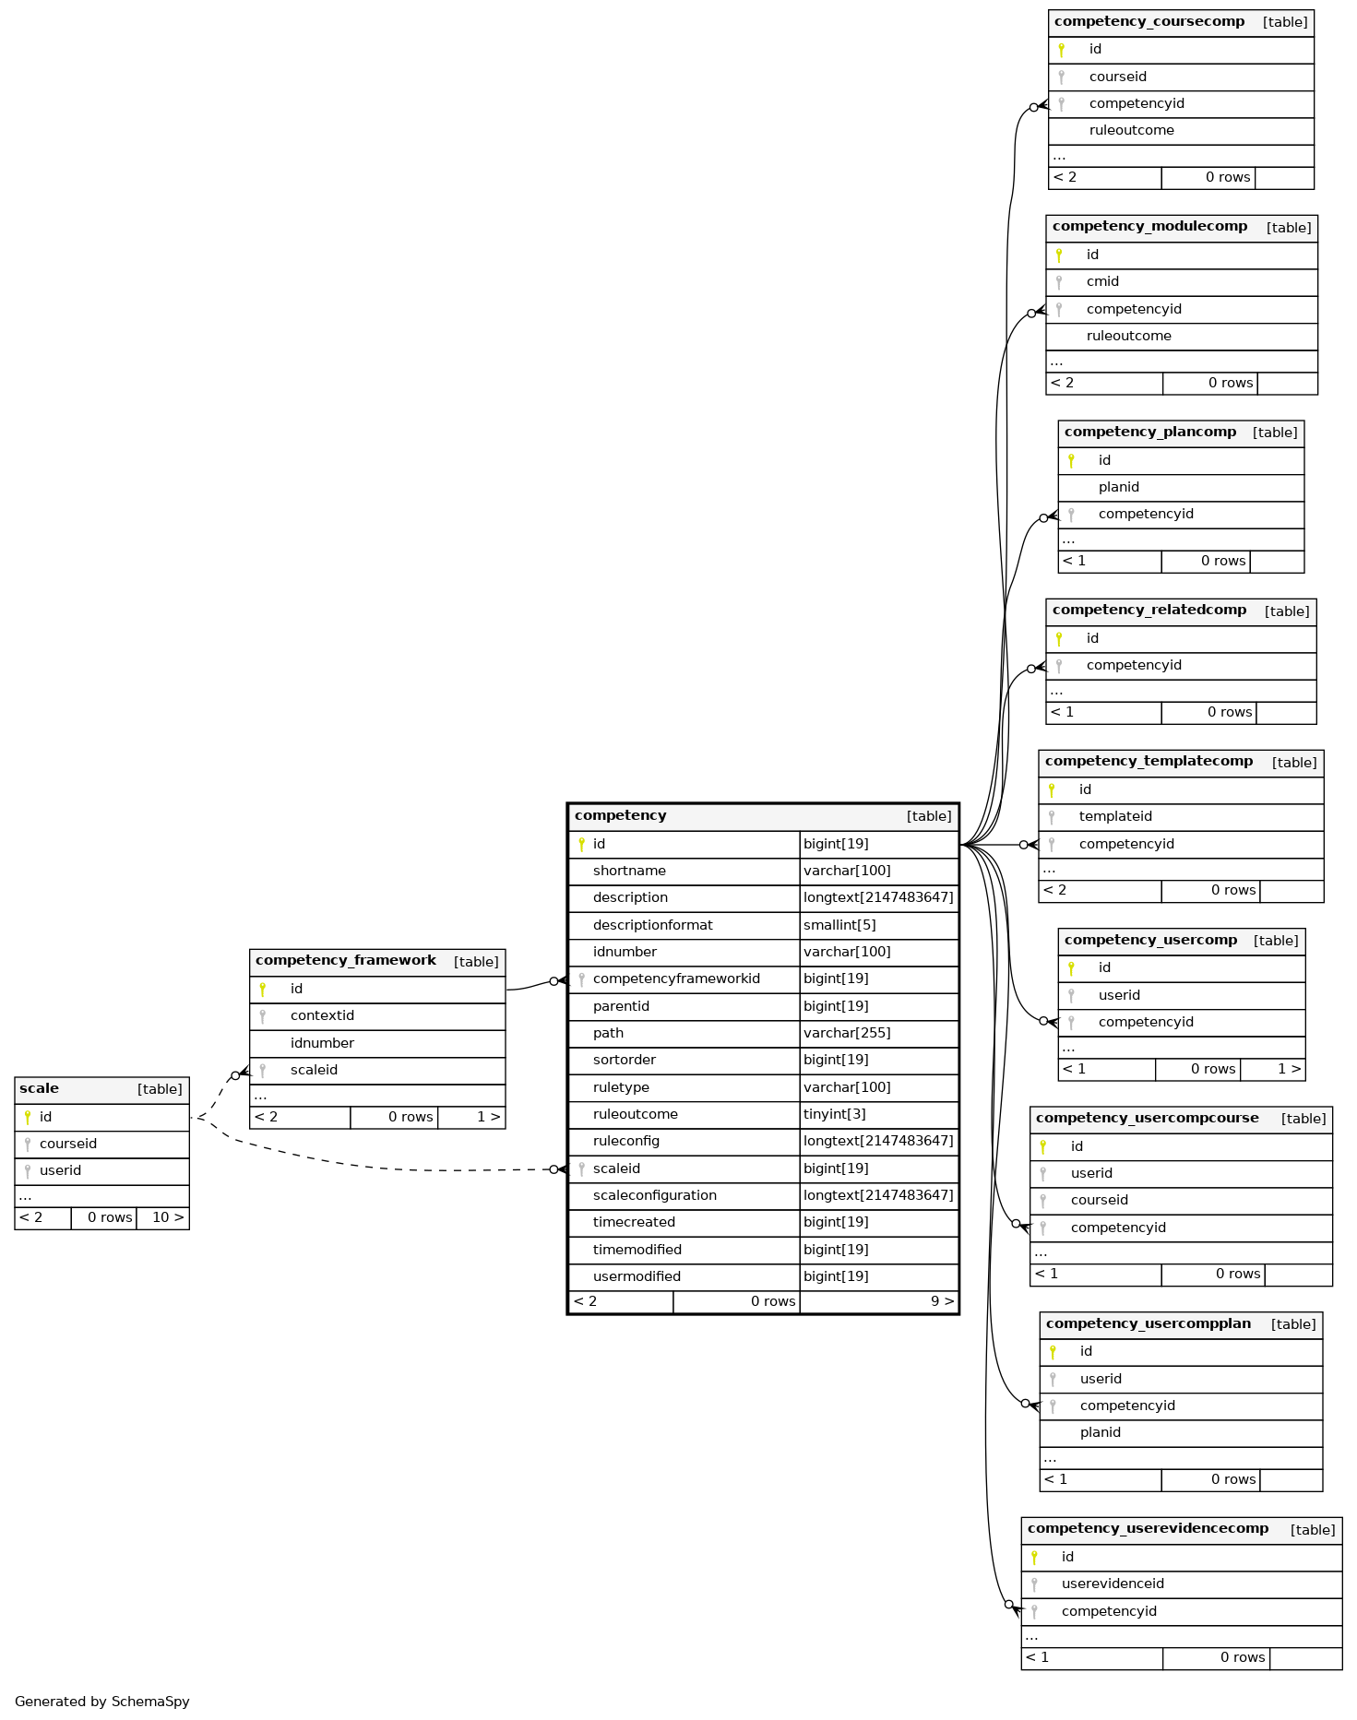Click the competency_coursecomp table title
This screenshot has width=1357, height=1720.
coord(1149,21)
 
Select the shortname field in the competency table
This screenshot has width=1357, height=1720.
coord(629,871)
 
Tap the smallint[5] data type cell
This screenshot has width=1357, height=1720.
coord(839,925)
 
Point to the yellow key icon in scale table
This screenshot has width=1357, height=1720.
coord(28,1117)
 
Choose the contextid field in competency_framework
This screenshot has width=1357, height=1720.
coord(322,1015)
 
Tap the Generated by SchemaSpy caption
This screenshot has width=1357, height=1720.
coord(102,1702)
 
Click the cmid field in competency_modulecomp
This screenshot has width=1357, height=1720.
coord(1102,281)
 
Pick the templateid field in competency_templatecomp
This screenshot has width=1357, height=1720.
coord(1115,816)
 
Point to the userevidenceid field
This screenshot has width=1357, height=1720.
coord(1113,1584)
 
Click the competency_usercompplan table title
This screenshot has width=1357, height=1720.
coord(1149,1323)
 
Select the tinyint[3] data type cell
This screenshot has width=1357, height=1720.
coord(834,1114)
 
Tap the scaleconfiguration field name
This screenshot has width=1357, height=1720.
coord(654,1195)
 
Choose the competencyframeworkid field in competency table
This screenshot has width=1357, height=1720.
coord(676,979)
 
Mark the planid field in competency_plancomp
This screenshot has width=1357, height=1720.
coord(1118,487)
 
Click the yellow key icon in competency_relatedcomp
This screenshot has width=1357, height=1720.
coord(1059,638)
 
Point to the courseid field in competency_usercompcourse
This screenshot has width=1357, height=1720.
coord(1099,1200)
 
